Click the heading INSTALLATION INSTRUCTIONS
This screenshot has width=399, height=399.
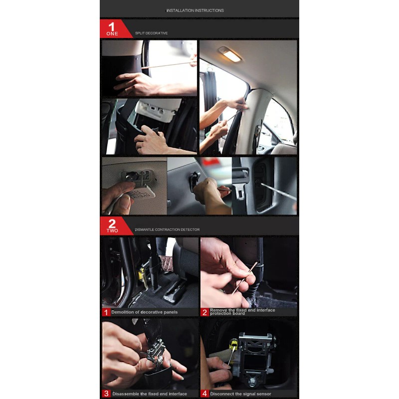pos(195,10)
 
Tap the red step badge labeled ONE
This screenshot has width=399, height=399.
pos(112,29)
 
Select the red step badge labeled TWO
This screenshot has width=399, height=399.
pos(112,226)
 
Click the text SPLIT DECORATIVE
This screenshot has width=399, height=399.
pos(151,33)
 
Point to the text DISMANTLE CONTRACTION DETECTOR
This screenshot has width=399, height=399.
pos(167,229)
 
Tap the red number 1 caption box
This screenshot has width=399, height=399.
pos(106,312)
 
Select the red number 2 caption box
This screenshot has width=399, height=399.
pos(204,312)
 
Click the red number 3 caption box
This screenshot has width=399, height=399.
pos(106,394)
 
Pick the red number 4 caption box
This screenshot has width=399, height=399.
pos(204,394)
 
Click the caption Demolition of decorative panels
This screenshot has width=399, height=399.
pos(144,312)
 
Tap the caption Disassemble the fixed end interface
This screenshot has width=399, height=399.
pos(149,394)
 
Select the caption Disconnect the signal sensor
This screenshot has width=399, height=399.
pos(240,394)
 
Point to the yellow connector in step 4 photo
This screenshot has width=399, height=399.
pos(233,344)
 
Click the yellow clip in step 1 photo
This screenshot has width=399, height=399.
pos(142,272)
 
